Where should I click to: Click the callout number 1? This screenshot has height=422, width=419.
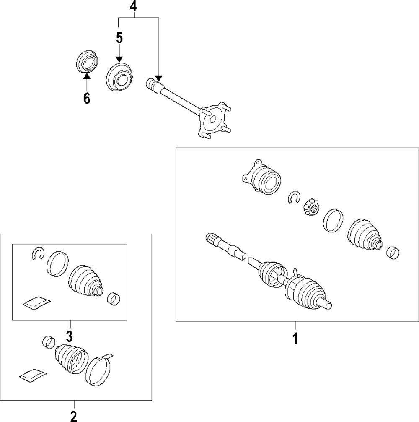click(295, 338)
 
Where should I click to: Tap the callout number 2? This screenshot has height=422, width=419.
click(74, 417)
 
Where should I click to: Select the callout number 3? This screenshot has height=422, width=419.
click(70, 336)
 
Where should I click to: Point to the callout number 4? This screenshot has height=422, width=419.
click(133, 6)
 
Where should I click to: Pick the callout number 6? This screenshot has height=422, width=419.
click(86, 98)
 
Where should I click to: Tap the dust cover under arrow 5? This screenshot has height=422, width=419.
click(119, 76)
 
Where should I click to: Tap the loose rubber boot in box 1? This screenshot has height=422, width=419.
click(364, 236)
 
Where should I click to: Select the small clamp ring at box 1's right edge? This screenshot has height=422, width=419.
click(393, 253)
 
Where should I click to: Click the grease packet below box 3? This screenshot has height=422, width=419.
click(33, 375)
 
